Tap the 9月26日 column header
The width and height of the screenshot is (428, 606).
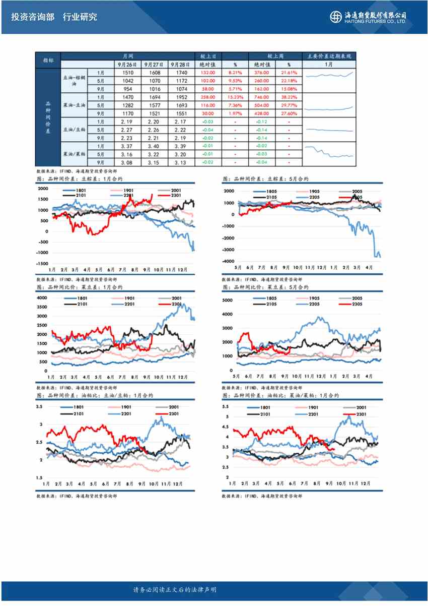(126, 65)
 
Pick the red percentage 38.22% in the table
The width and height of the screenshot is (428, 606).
(289, 97)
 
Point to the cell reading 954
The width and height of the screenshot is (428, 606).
(126, 89)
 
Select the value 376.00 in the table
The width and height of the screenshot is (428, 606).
(262, 73)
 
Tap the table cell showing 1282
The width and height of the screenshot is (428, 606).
(126, 105)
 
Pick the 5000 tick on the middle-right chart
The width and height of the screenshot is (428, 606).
(228, 300)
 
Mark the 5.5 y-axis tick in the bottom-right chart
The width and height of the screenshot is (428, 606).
(226, 406)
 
